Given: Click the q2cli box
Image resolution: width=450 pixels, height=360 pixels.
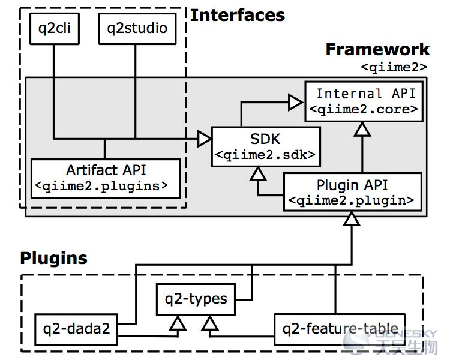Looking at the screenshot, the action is point(55,29).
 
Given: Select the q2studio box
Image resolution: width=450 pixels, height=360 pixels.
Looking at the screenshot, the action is point(137,29).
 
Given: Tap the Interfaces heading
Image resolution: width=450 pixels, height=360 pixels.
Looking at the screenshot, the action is point(238,15).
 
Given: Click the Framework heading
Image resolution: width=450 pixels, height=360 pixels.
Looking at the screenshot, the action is point(377,49).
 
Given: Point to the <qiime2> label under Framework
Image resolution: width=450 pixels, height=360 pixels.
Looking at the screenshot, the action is point(394,67).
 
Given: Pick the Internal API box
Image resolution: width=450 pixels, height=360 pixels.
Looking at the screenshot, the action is point(364,101).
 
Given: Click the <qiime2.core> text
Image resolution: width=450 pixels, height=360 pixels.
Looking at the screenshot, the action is point(364,109).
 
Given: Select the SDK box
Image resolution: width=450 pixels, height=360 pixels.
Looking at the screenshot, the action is point(266,147).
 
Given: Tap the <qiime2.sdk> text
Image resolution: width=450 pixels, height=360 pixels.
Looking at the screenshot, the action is point(265,155).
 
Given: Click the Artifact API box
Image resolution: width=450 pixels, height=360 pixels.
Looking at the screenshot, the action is point(106,179).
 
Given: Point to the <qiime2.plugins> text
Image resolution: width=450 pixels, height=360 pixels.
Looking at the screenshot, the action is point(101,186).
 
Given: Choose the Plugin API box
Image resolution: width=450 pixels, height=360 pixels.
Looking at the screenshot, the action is point(353,192).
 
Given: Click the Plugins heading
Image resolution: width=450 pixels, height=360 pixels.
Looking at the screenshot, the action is point(53,258).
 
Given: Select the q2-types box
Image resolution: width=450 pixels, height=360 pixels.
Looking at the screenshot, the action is point(196,299).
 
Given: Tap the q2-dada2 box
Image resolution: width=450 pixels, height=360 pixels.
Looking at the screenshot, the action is point(76,329).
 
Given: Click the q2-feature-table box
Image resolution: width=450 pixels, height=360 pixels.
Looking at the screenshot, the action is point(340,329).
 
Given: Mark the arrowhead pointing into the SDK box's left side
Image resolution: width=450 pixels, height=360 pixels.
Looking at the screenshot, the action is point(205,139).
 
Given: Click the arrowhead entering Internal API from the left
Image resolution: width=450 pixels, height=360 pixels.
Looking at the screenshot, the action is point(296,102).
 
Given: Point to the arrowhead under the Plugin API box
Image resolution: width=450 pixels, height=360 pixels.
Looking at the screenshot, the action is point(352,219).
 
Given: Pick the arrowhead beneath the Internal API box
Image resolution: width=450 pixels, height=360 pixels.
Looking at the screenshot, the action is point(362,129).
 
